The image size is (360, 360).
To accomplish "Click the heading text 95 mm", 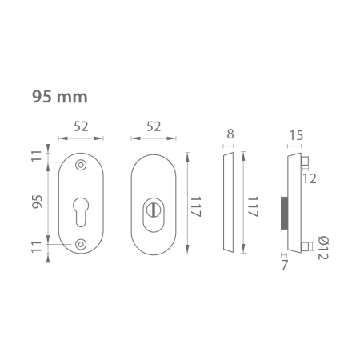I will (x=59, y=97).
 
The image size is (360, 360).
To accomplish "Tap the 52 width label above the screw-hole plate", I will (x=81, y=126).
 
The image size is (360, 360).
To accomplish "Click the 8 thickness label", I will (x=230, y=134).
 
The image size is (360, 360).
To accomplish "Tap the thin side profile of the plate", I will (x=228, y=204).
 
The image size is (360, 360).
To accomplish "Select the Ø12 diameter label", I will (x=322, y=247).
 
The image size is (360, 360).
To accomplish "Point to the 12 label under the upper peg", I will (x=310, y=178).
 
